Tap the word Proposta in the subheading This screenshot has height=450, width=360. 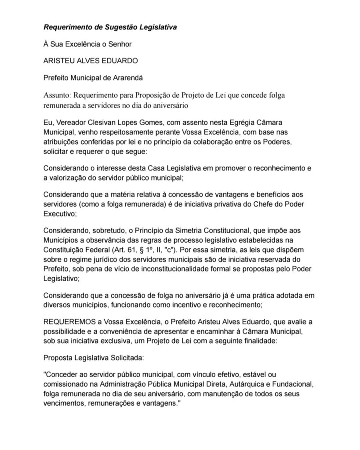(x=58, y=358)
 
